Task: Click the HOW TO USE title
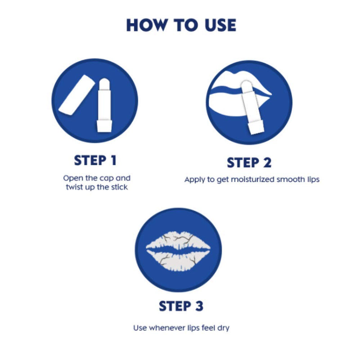(x=181, y=25)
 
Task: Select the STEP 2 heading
(x=249, y=162)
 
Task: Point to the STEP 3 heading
(x=181, y=306)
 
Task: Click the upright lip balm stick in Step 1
(x=104, y=106)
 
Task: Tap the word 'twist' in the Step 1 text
(x=73, y=187)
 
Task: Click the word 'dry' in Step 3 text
(x=223, y=328)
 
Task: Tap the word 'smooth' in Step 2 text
(x=290, y=180)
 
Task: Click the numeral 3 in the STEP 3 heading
(x=198, y=306)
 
